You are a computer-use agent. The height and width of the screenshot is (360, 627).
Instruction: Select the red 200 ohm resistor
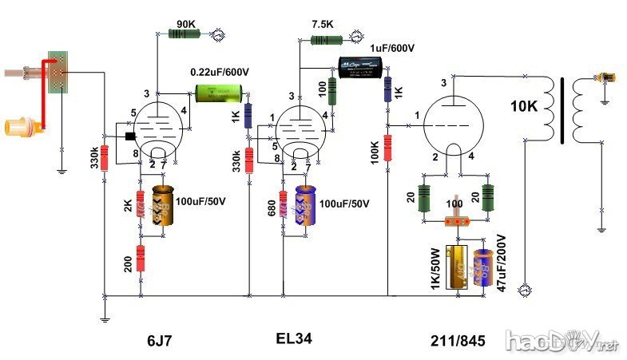pyautogui.click(x=141, y=259)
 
